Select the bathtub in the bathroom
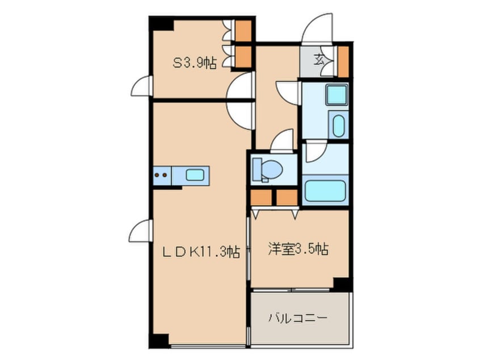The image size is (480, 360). point(325,191)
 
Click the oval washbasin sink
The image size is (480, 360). point(339,125)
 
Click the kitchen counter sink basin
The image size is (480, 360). point(195,175)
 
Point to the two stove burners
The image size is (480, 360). point(161,175)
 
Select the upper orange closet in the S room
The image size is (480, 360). point(243,30)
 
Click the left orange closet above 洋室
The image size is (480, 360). point(260,197)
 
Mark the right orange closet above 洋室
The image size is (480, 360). point(287,197)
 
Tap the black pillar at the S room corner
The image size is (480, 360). point(161,23)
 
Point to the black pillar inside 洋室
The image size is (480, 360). point(342,283)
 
